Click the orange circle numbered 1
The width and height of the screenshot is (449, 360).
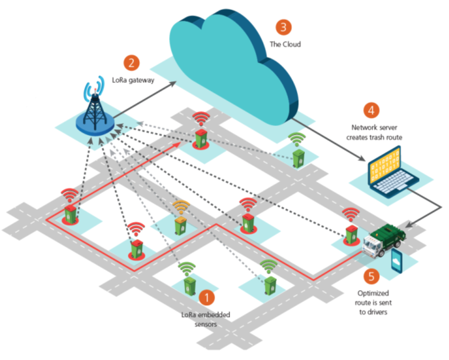pyautogui.click(x=206, y=297)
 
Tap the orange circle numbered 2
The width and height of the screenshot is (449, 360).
pyautogui.click(x=132, y=63)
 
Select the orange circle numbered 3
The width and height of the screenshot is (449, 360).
pyautogui.click(x=284, y=27)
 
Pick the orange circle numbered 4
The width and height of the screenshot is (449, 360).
pyautogui.click(x=372, y=110)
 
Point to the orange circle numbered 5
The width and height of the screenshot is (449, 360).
pyautogui.click(x=372, y=276)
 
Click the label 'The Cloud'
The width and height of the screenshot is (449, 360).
pyautogui.click(x=285, y=44)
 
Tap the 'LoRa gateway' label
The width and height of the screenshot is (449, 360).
pyautogui.click(x=133, y=80)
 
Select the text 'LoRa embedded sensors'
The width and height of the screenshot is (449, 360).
pyautogui.click(x=206, y=319)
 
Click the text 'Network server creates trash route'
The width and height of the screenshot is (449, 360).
pyautogui.click(x=374, y=132)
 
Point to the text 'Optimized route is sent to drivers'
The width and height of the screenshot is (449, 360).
pyautogui.click(x=373, y=303)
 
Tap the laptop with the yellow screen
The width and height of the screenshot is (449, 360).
pyautogui.click(x=392, y=172)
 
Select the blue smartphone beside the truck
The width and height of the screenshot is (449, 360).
pyautogui.click(x=397, y=261)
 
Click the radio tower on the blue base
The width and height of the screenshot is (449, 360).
pyautogui.click(x=95, y=109)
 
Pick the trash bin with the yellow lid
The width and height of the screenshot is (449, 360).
pyautogui.click(x=180, y=226)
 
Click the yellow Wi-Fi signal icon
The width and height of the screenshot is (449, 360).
pyautogui.click(x=181, y=207)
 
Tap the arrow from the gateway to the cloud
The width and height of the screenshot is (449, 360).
pyautogui.click(x=145, y=99)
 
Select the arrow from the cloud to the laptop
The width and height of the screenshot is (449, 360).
pyautogui.click(x=329, y=140)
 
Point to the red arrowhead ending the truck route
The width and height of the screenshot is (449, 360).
pyautogui.click(x=177, y=144)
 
